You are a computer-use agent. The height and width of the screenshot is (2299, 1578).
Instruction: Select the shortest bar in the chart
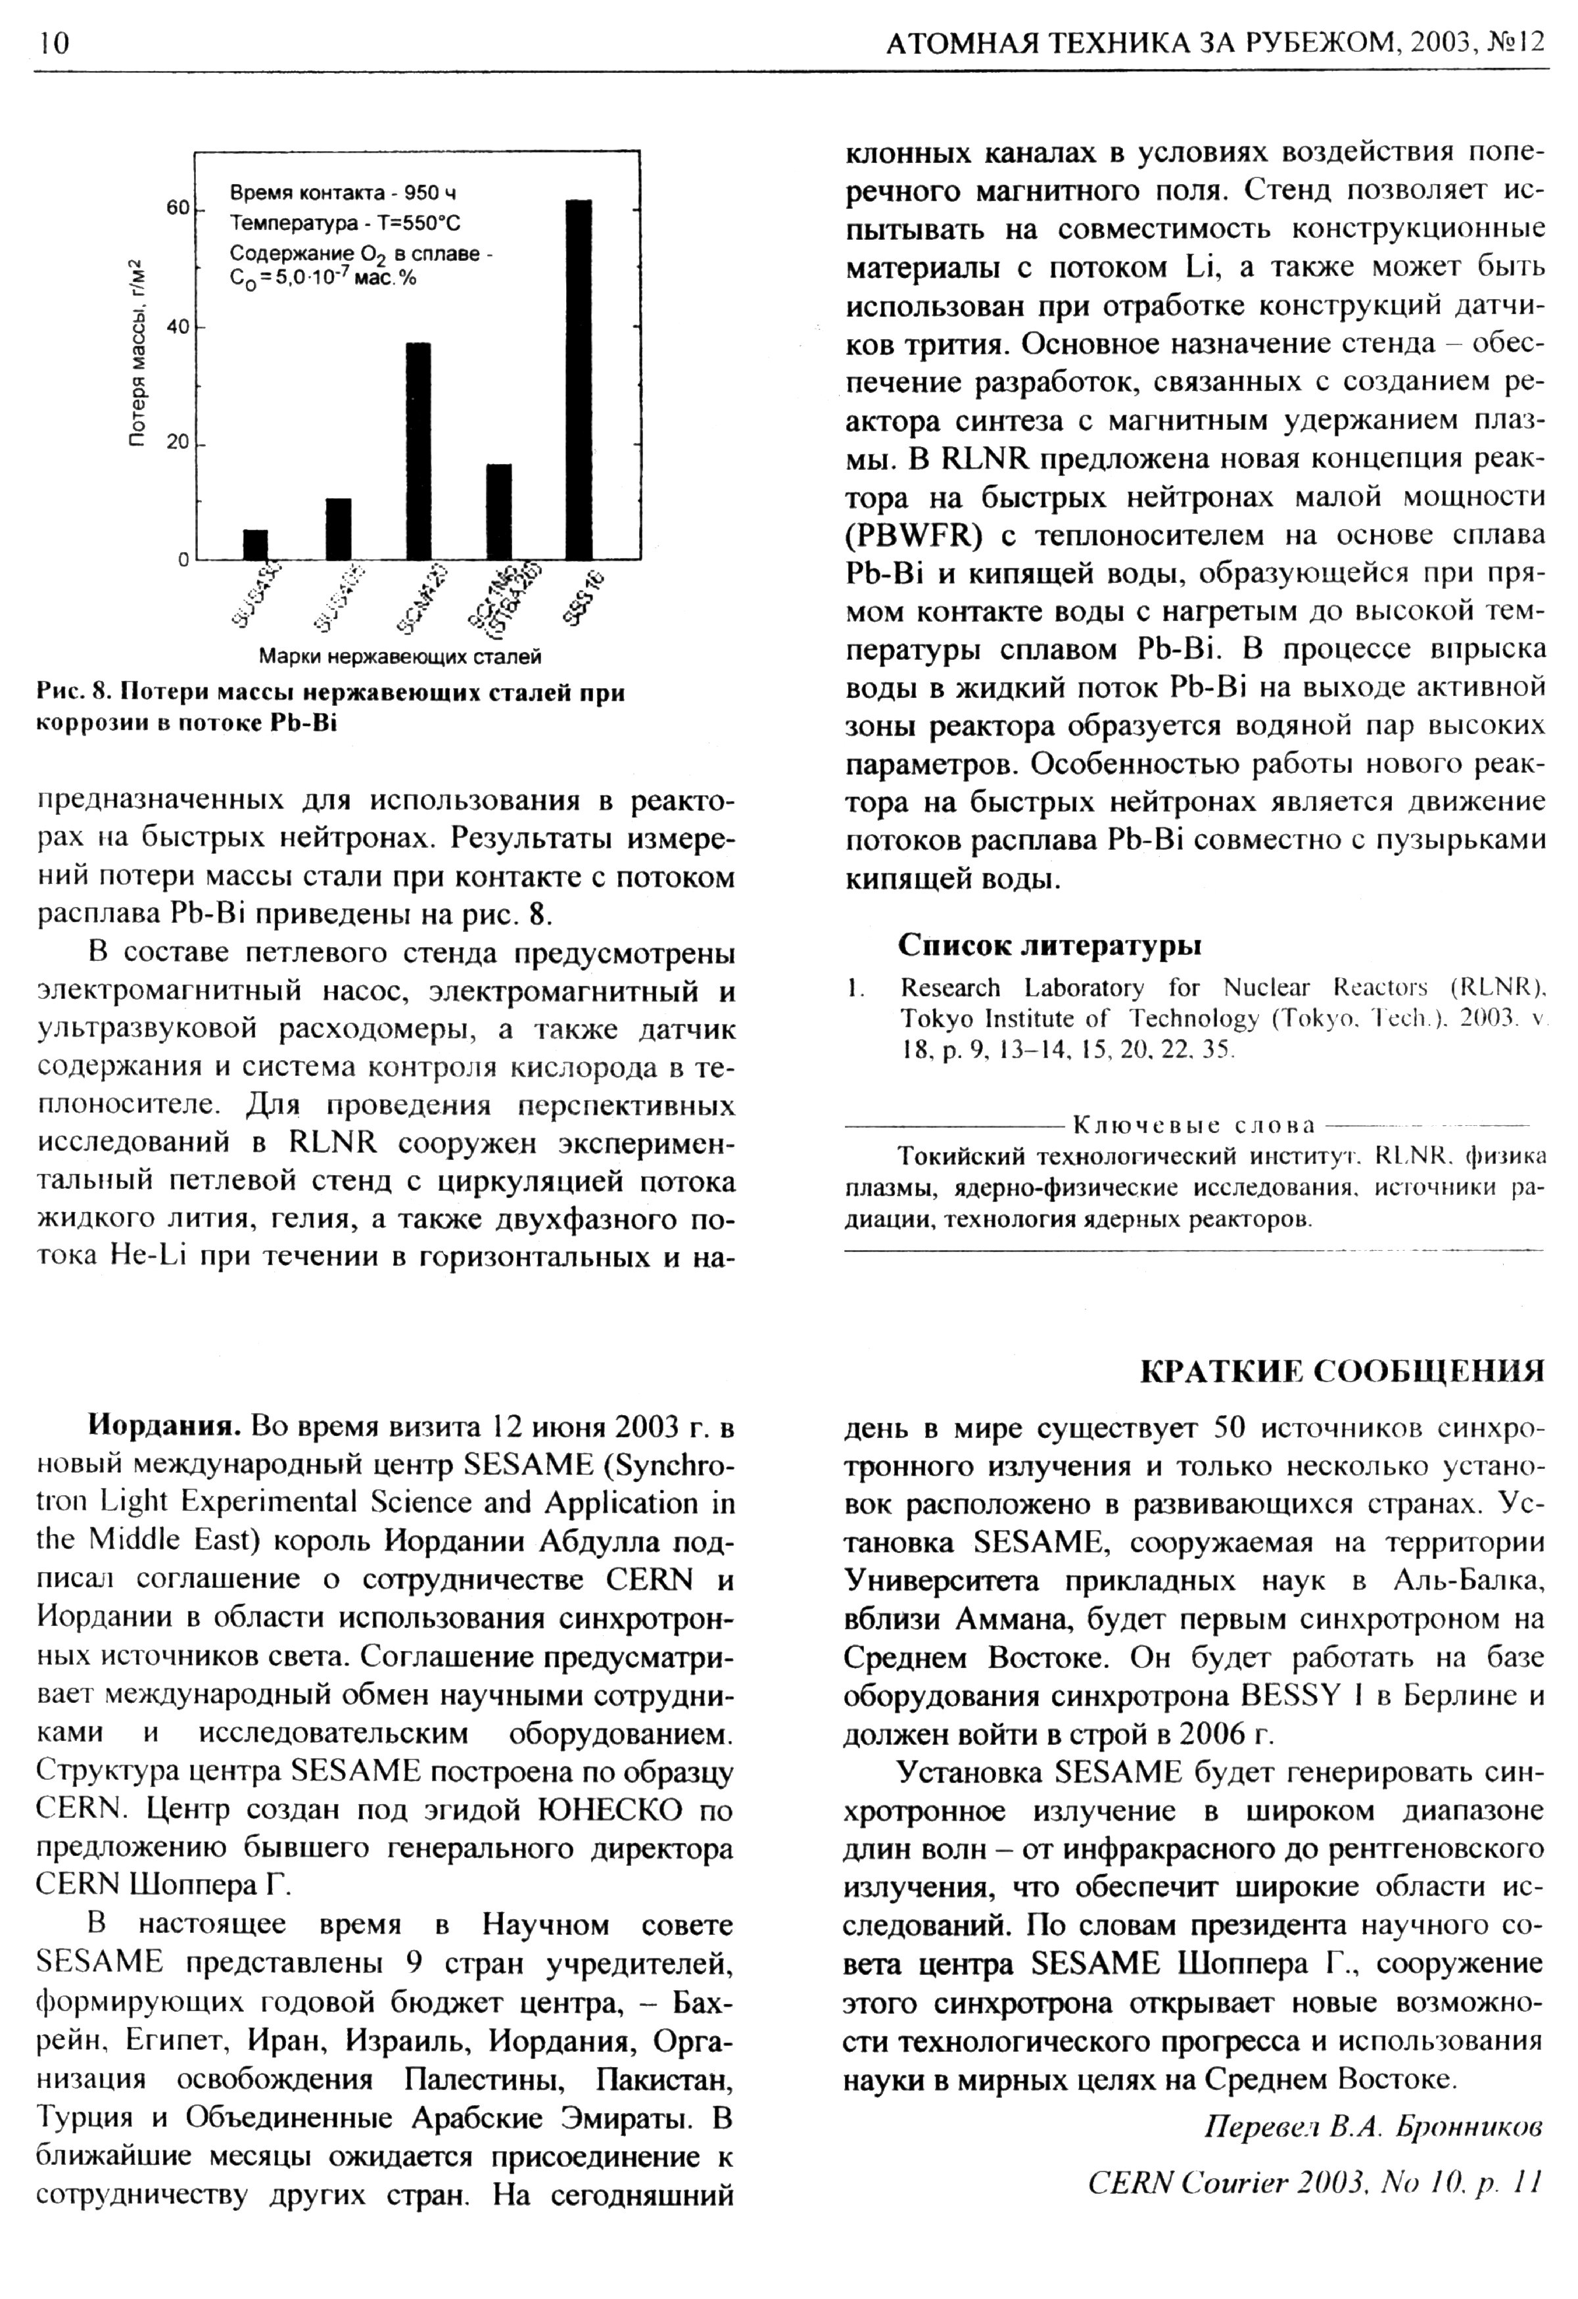coord(255,544)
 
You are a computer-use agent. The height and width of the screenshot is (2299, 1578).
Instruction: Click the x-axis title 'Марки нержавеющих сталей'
coord(400,657)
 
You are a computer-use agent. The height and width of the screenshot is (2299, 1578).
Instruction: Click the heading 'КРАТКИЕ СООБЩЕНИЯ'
coord(1341,1371)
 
